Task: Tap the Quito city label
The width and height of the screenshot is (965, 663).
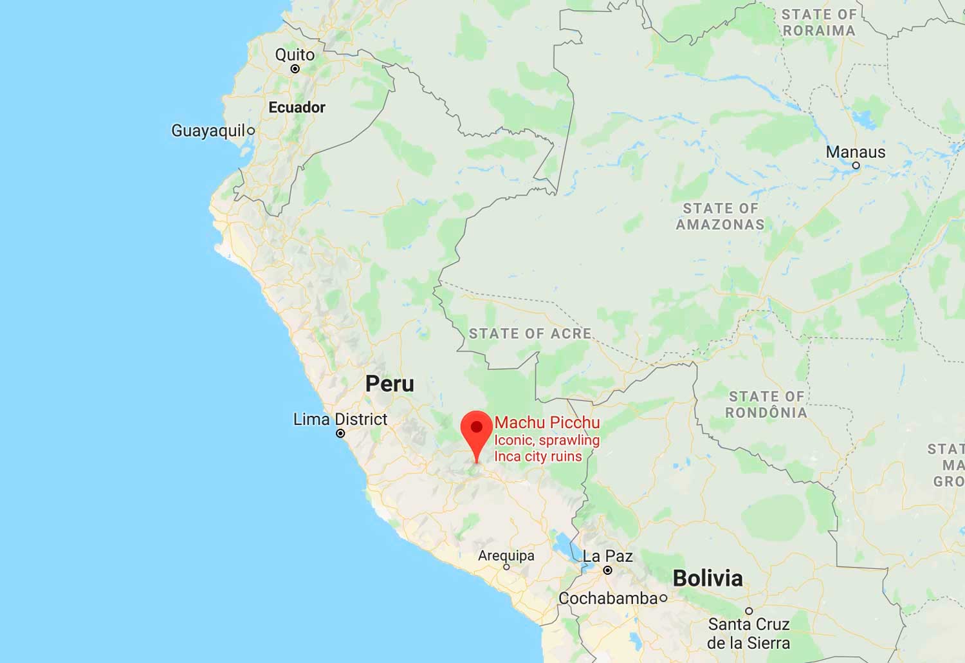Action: pos(295,55)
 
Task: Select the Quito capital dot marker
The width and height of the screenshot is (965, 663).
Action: pos(295,69)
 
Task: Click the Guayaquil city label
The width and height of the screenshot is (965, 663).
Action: pos(208,131)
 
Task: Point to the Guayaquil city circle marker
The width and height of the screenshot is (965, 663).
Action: pos(251,131)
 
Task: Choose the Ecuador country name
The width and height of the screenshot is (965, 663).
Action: pos(297,107)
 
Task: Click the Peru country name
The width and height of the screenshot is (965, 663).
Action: pos(390,384)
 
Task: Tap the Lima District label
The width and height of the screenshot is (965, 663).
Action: pos(340,419)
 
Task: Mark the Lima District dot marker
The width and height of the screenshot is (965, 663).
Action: pos(340,434)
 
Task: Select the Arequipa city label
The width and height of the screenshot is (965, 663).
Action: pos(506,556)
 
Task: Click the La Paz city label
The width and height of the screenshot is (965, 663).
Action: pos(607,556)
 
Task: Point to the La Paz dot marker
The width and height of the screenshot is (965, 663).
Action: pos(607,570)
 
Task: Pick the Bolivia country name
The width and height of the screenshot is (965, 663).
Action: pos(708,578)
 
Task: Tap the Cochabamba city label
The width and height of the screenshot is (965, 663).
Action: pos(608,598)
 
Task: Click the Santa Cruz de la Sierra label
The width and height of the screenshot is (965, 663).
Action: pos(748,633)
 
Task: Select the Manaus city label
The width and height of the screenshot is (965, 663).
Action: pos(856,152)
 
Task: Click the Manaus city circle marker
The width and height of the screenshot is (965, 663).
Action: pos(856,165)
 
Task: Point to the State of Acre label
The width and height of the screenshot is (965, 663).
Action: pos(530,333)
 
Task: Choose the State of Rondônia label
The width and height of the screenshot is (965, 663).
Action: pos(766,404)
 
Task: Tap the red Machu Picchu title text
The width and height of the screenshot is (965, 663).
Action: pos(547,422)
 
